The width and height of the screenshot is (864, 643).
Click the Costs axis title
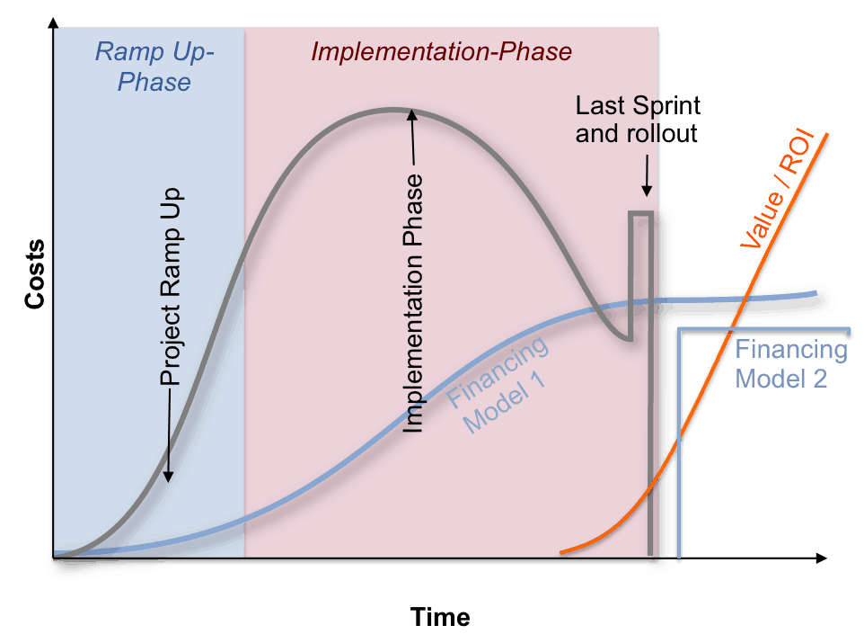[35, 273]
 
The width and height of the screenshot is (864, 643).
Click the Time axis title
[440, 617]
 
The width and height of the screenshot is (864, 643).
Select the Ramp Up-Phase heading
[154, 67]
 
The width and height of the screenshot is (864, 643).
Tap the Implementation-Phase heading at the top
[441, 52]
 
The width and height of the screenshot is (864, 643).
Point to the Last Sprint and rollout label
[638, 120]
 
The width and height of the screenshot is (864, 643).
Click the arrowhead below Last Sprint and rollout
[647, 191]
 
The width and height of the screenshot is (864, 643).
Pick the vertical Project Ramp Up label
[171, 287]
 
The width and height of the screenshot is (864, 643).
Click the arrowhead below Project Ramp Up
[168, 477]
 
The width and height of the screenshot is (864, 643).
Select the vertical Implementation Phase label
[413, 303]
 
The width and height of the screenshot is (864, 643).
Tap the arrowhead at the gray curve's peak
[412, 114]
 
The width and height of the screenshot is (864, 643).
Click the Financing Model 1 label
[498, 384]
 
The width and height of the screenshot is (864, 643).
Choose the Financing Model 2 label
[791, 363]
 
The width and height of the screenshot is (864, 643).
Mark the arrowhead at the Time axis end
[822, 558]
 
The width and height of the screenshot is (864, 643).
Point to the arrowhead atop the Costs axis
[54, 23]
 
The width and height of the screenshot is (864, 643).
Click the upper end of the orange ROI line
[826, 135]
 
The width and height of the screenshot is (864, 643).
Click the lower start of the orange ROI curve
[561, 551]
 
